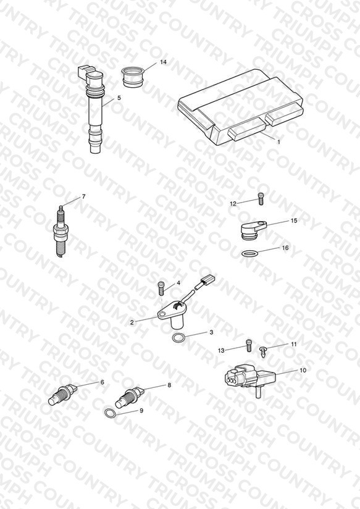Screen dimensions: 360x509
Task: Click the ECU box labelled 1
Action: coord(240,107)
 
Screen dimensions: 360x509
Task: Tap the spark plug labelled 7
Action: coord(61,231)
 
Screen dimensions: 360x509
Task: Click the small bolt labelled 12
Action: coord(261,199)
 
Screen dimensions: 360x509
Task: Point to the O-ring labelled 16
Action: coord(251,253)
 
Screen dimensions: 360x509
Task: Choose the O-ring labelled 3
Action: coord(178,338)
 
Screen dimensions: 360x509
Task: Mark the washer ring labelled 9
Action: coord(111,413)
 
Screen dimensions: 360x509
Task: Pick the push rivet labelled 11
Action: coord(264,352)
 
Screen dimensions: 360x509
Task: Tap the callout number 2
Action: coord(132,322)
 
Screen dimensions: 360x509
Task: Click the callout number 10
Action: coord(303,370)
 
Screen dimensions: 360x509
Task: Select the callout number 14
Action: coord(163,62)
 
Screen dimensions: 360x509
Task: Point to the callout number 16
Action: coord(285,248)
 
